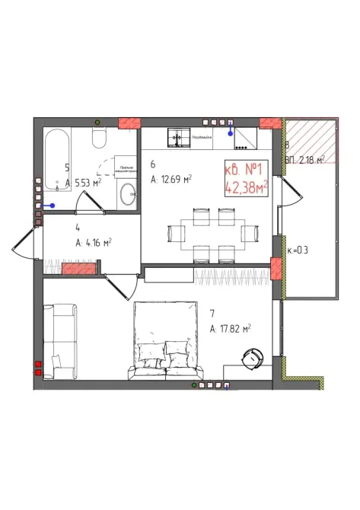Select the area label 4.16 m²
pos(94,243)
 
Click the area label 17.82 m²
pos(231,329)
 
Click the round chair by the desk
pos(251,355)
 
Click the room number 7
pos(212,313)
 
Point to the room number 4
pos(78,227)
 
